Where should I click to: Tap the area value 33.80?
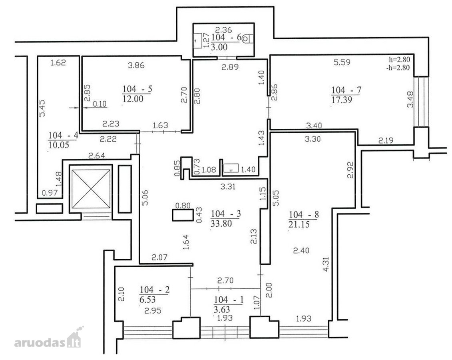221,223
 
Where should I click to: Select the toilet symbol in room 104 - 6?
247,38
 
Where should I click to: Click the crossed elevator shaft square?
91,189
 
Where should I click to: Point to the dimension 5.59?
342,62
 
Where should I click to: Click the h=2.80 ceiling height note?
399,60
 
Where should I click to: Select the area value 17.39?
342,100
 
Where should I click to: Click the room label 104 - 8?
304,214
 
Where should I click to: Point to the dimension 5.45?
42,108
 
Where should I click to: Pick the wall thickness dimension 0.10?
100,104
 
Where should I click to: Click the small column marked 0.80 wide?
183,215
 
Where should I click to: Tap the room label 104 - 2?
155,290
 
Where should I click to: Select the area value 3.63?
222,309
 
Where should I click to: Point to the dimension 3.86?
136,65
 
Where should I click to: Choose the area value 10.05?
59,144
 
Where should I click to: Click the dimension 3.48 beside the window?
410,99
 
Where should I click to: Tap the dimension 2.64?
97,156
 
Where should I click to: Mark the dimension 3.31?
228,186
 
